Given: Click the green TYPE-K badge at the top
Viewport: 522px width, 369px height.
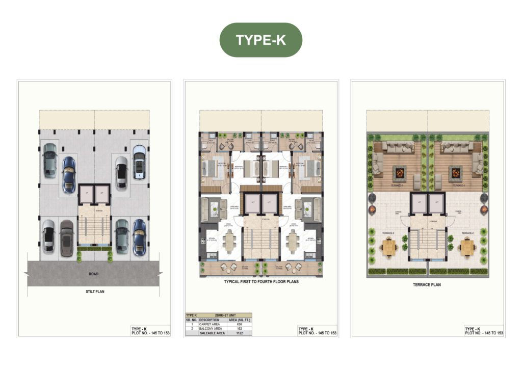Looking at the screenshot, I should coord(260,40).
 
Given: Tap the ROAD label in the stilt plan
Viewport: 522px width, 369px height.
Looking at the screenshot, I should coord(93,274).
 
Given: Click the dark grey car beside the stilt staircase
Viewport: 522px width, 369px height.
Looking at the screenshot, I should coord(67,238).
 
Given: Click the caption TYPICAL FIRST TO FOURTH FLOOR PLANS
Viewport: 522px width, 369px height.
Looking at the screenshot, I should coord(261,281).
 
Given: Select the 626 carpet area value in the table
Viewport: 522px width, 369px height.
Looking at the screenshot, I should coord(239,324).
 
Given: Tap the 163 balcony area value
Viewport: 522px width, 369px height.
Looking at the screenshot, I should coord(239,328).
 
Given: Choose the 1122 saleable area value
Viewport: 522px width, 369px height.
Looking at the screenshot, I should coord(239,333).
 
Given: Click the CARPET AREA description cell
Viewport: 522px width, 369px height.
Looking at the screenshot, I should coord(209,324).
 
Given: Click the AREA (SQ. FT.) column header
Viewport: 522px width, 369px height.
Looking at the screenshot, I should coord(239,320).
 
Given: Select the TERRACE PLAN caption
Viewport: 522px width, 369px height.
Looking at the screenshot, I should coord(427,285).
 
